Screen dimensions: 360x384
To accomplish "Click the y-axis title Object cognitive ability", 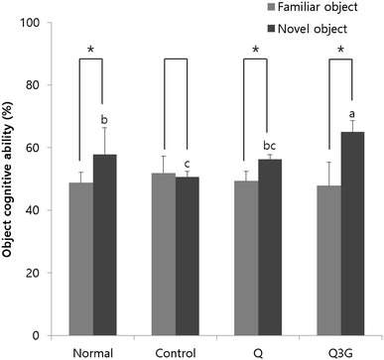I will pos(11,180).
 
